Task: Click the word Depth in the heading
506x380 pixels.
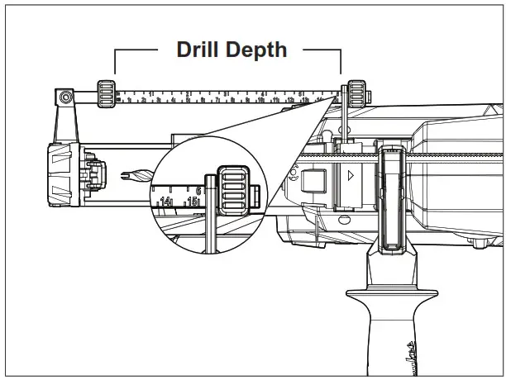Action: click(255, 50)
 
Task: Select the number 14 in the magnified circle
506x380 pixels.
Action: click(167, 201)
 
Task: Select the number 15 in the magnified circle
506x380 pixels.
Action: click(193, 200)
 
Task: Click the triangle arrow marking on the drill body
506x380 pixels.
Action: click(351, 175)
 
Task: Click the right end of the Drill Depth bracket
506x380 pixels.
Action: click(340, 62)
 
